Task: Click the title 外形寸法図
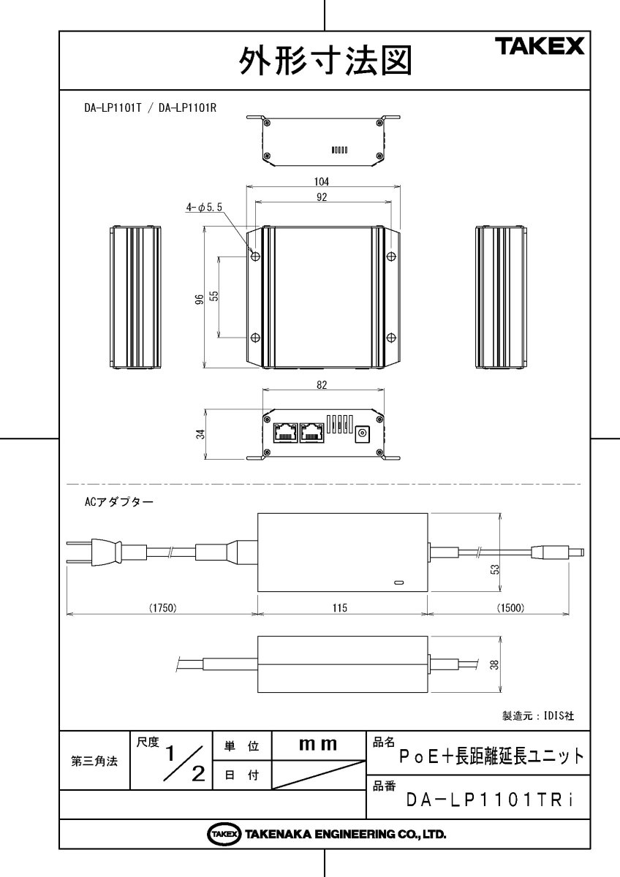tap(325, 61)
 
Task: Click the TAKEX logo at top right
tap(542, 47)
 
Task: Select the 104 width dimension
tap(322, 181)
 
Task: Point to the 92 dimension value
tap(322, 197)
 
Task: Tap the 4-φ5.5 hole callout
tap(204, 208)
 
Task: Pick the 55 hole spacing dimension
tap(214, 296)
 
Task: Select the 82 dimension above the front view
tap(322, 384)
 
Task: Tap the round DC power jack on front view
tap(361, 436)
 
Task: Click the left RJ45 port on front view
tap(284, 433)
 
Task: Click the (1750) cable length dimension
tap(163, 607)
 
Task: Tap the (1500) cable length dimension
tap(510, 607)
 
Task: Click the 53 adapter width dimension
tap(495, 569)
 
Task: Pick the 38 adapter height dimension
tap(495, 665)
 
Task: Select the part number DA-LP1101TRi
tap(489, 800)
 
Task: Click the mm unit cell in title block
tap(318, 745)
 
